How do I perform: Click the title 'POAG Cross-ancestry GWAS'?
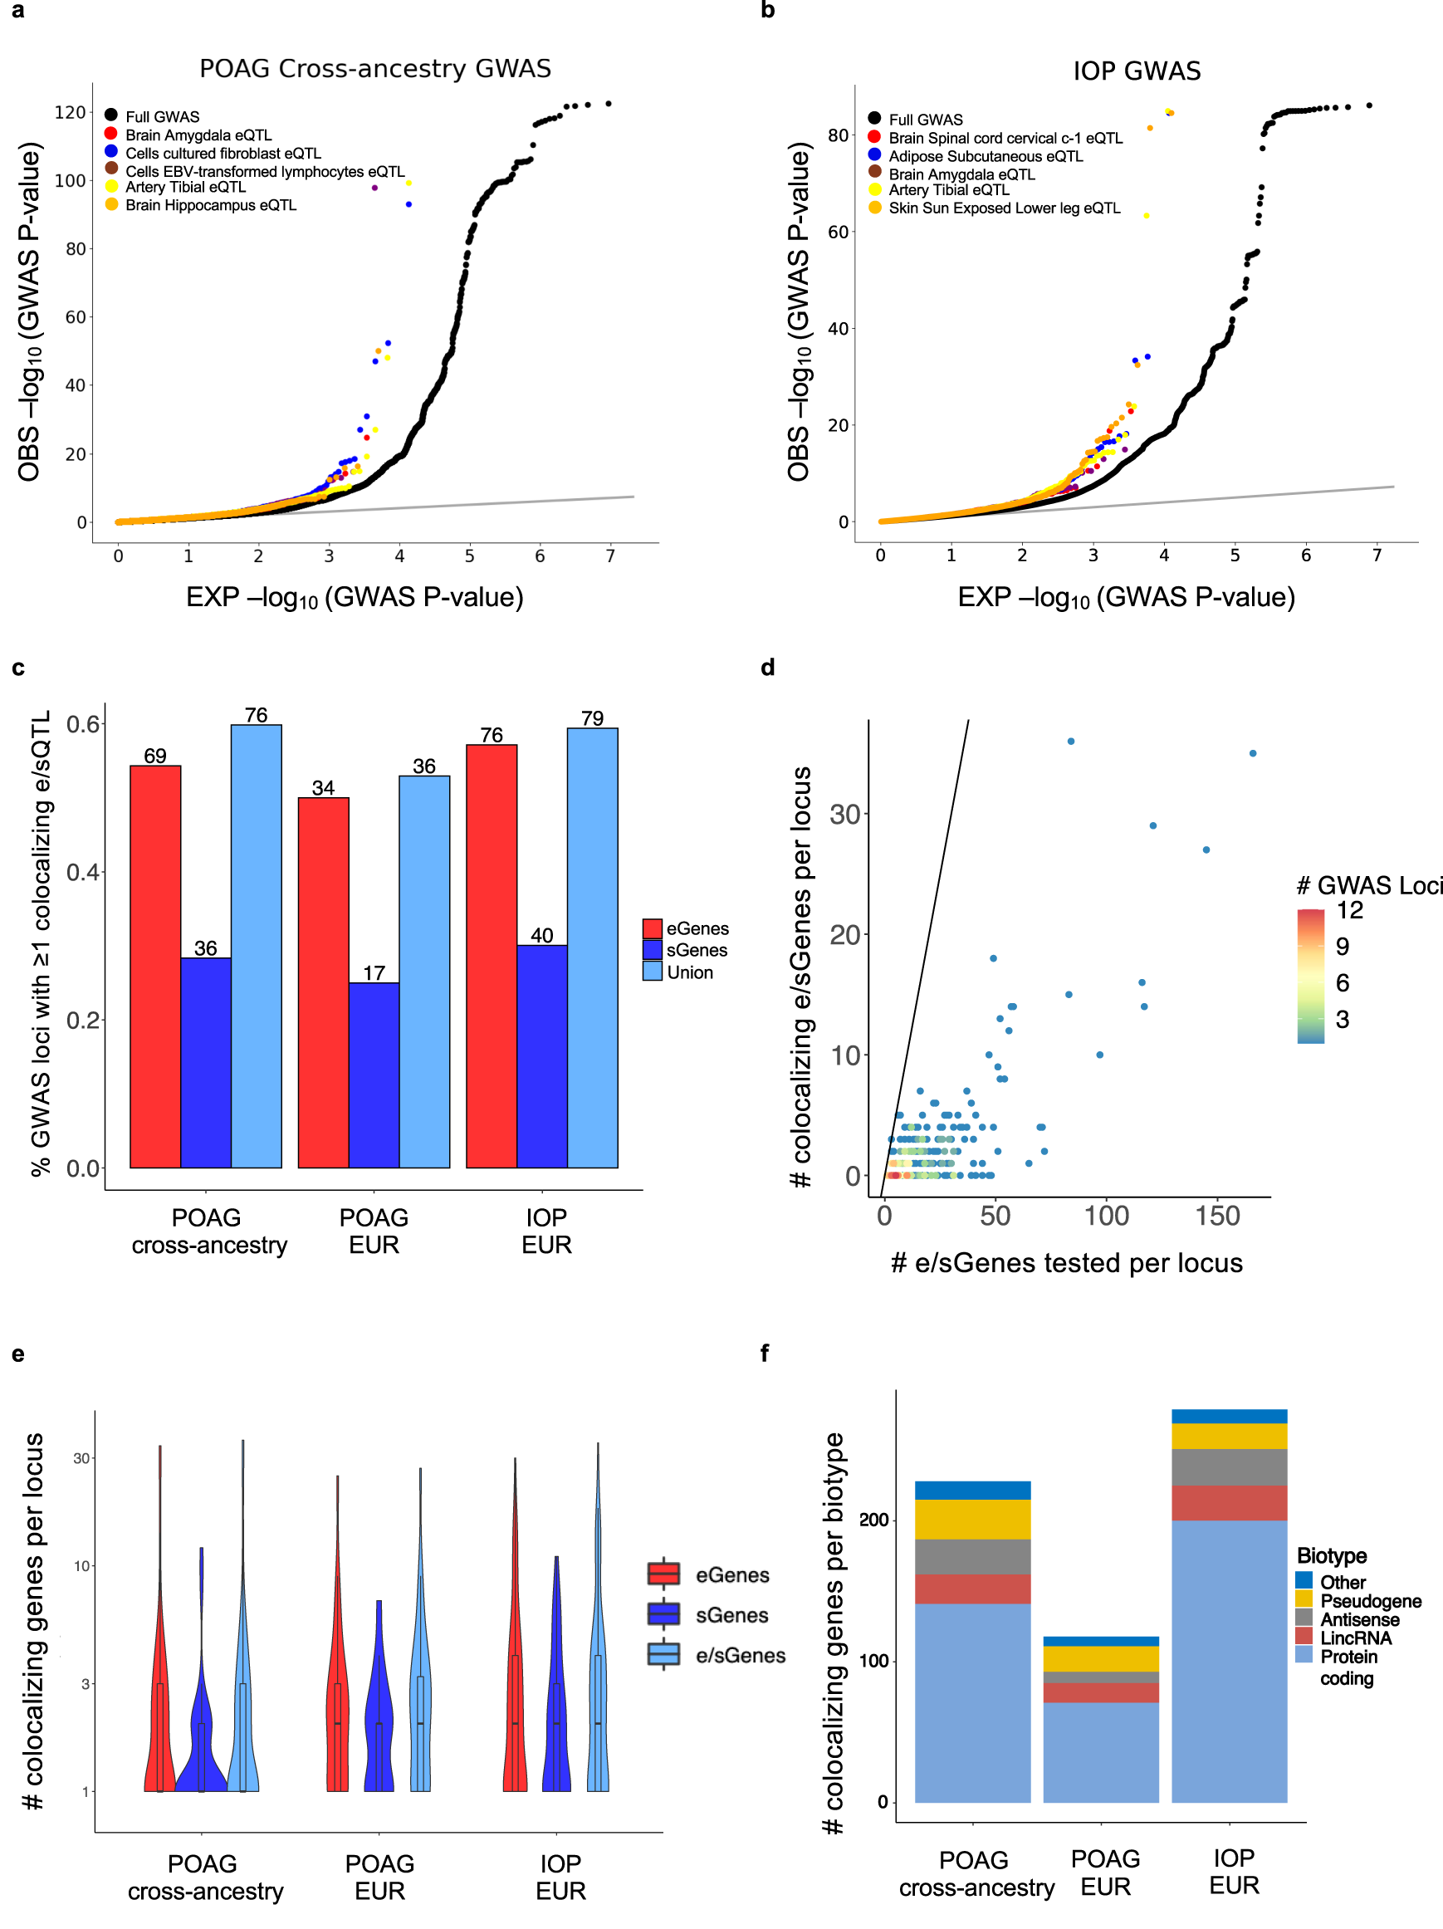[x=375, y=69]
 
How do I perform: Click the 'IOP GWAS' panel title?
[x=1136, y=71]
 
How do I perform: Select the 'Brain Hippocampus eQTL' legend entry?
[x=210, y=205]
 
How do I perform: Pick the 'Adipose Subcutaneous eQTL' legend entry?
[x=986, y=156]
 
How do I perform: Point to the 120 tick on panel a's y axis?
[x=71, y=112]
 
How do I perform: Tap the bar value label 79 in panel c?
[x=592, y=718]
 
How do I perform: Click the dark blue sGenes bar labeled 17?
[x=374, y=1075]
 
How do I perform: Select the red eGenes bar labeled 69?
[x=155, y=967]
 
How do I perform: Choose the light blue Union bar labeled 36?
[x=424, y=971]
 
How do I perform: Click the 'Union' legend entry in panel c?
[x=689, y=972]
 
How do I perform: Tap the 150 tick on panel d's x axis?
[x=1217, y=1217]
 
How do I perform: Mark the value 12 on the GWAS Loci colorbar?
[x=1349, y=910]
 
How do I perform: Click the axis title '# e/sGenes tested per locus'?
[x=1066, y=1263]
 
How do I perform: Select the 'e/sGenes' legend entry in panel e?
[x=740, y=1655]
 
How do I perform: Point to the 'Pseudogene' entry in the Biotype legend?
[x=1370, y=1601]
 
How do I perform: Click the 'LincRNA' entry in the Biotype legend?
[x=1355, y=1638]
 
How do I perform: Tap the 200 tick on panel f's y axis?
[x=873, y=1520]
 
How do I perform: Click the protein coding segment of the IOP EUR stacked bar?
[x=1229, y=1661]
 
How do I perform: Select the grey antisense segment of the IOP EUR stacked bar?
[x=1229, y=1466]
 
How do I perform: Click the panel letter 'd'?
[x=767, y=667]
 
